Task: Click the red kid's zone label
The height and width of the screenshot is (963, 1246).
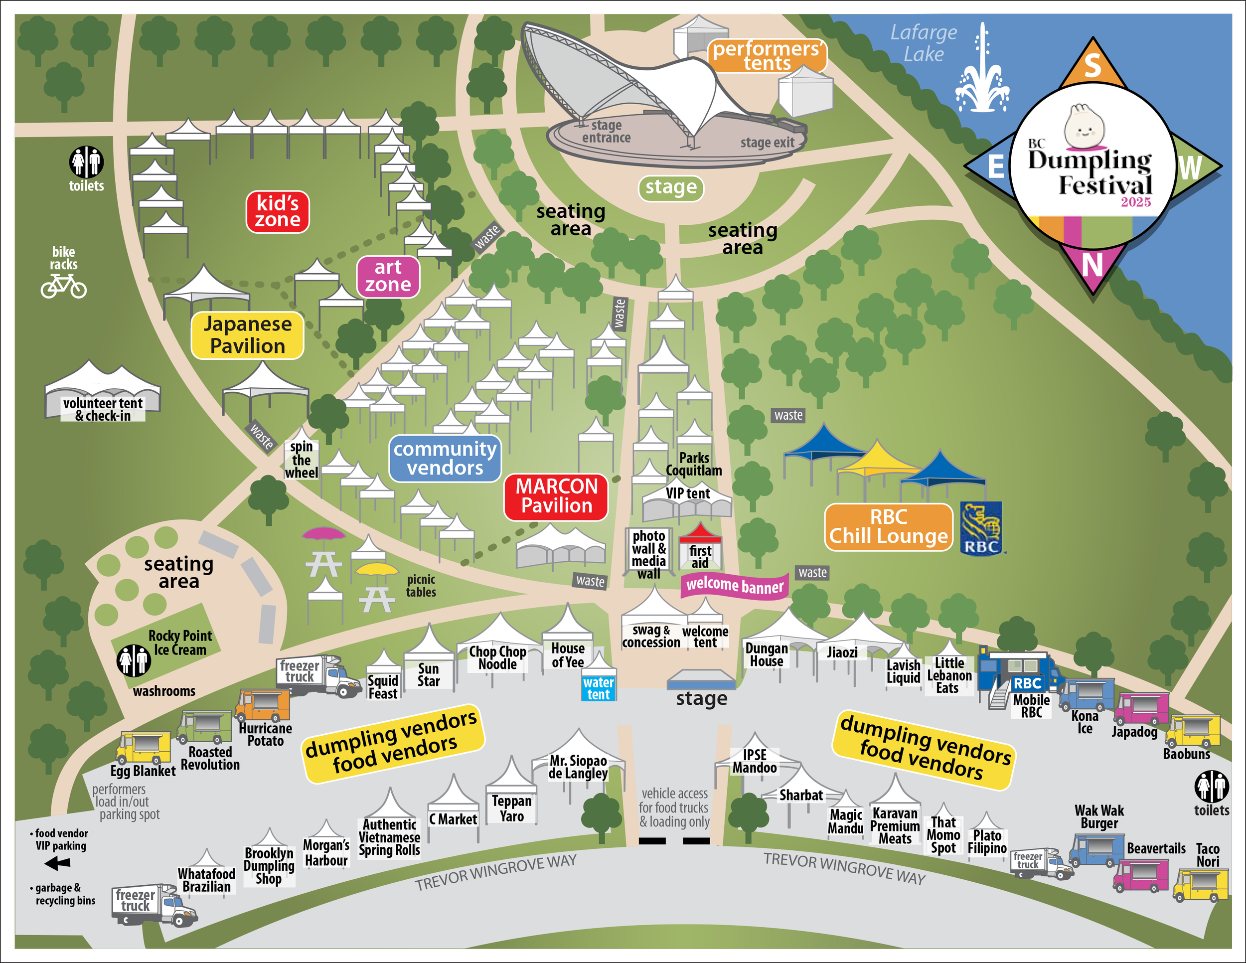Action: tap(277, 212)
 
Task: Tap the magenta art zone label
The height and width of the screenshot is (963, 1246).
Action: tap(388, 276)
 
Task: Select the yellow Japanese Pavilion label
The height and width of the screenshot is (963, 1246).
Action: tap(247, 335)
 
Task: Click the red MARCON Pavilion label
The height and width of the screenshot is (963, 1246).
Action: tap(556, 496)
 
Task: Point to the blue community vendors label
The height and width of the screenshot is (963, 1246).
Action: tap(445, 458)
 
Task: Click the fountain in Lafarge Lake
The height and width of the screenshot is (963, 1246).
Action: tap(982, 74)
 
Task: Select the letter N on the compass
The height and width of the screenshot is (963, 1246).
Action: tap(1092, 265)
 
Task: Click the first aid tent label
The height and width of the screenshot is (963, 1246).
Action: tap(700, 557)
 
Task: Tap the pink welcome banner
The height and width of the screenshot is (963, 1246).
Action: tap(734, 585)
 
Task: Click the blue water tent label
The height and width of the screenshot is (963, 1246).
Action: tap(598, 688)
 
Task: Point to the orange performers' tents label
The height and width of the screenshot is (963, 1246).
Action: tap(766, 55)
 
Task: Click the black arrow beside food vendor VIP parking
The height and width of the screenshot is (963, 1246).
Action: tap(58, 863)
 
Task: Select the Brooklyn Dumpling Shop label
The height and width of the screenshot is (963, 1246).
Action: tap(269, 865)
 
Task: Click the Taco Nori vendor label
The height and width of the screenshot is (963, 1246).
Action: tap(1207, 855)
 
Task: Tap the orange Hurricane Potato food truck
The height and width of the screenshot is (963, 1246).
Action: tap(263, 706)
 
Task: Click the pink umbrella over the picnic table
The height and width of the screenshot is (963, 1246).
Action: tap(323, 533)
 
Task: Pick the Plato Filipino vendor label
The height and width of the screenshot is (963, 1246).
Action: tap(987, 841)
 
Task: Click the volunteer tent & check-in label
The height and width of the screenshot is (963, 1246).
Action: tap(103, 409)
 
